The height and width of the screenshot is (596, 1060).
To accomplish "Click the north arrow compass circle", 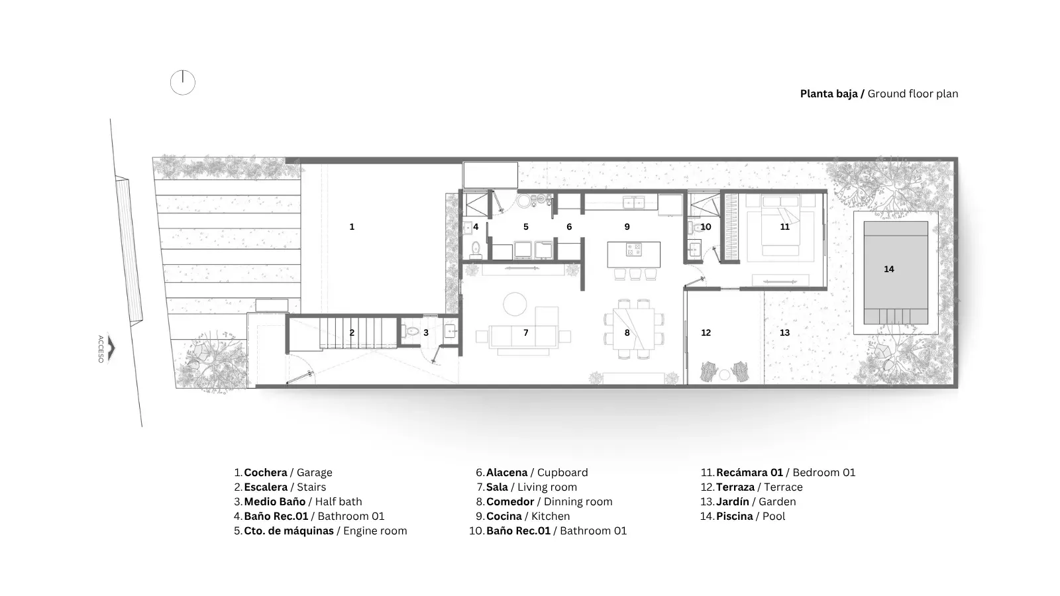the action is [183, 95].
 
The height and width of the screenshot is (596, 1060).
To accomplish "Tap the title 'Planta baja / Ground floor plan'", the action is [878, 93].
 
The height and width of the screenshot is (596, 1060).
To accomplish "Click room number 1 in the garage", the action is [352, 226].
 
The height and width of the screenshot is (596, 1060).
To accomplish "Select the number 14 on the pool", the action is [888, 269].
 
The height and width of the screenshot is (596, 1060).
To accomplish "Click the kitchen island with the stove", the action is [633, 254].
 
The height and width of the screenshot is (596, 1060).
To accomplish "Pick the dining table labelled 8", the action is [633, 329].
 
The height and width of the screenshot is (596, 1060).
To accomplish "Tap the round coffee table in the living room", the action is [515, 304].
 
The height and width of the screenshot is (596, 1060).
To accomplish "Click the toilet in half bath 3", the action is [411, 332].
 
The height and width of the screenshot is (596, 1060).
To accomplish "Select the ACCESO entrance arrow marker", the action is [112, 348].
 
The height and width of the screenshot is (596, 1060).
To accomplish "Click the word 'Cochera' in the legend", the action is [266, 473].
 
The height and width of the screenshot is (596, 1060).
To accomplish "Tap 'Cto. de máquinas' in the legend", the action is [289, 530].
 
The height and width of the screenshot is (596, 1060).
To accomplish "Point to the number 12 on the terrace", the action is [706, 332].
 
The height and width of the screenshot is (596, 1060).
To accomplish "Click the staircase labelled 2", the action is [358, 333].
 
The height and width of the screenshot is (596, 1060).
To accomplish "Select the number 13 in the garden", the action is [784, 332].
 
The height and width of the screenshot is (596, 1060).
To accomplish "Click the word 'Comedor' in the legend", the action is [510, 501].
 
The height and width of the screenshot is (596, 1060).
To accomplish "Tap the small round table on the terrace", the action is [725, 375].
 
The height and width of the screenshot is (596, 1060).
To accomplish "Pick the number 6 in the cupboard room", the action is [569, 226].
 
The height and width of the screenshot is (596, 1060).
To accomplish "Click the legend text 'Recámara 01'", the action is [749, 473].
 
